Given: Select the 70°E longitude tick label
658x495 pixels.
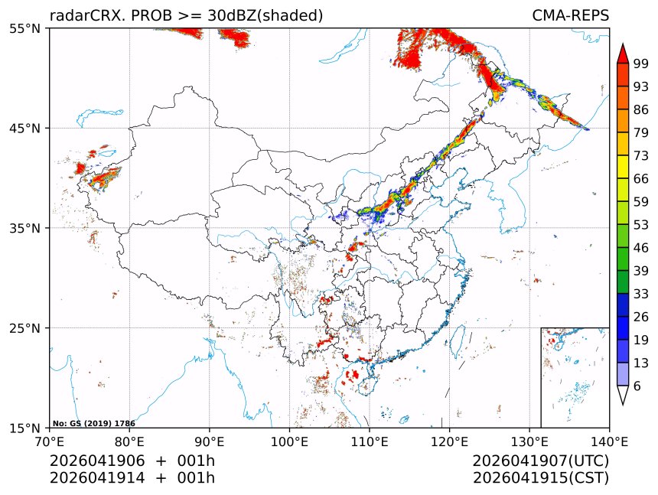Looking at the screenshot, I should [50, 441].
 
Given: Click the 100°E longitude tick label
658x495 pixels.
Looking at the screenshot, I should [289, 441].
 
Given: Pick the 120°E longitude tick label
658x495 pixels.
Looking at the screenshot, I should [449, 441].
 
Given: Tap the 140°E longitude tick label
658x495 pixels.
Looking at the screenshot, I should [609, 441].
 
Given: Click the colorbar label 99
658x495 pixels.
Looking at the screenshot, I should [641, 64].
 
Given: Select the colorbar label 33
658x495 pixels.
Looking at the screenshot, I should [641, 293].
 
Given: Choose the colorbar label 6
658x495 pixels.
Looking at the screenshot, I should [637, 386].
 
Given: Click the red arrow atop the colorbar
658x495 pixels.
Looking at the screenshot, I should [623, 54].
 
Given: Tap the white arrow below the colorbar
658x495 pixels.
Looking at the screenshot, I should [623, 395].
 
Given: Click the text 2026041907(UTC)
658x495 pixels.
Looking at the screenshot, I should [540, 461].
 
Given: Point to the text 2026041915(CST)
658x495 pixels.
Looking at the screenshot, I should [540, 478].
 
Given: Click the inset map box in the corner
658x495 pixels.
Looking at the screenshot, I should [575, 377].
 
